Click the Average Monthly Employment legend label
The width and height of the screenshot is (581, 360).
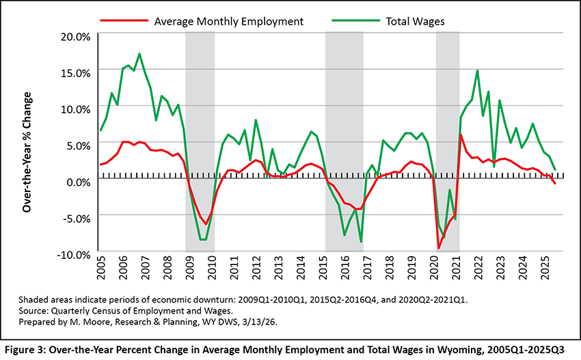coord(229,21)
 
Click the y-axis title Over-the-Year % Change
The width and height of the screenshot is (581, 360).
coord(28,145)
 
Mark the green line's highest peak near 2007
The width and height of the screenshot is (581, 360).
coord(139,54)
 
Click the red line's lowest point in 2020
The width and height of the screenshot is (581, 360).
coord(438,248)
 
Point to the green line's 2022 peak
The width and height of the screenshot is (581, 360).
coord(477,70)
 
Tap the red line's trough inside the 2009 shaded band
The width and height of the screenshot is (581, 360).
coord(205,224)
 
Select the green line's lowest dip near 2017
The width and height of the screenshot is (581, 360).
coord(361,242)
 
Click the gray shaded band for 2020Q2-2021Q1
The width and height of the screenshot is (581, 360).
coord(448,102)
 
